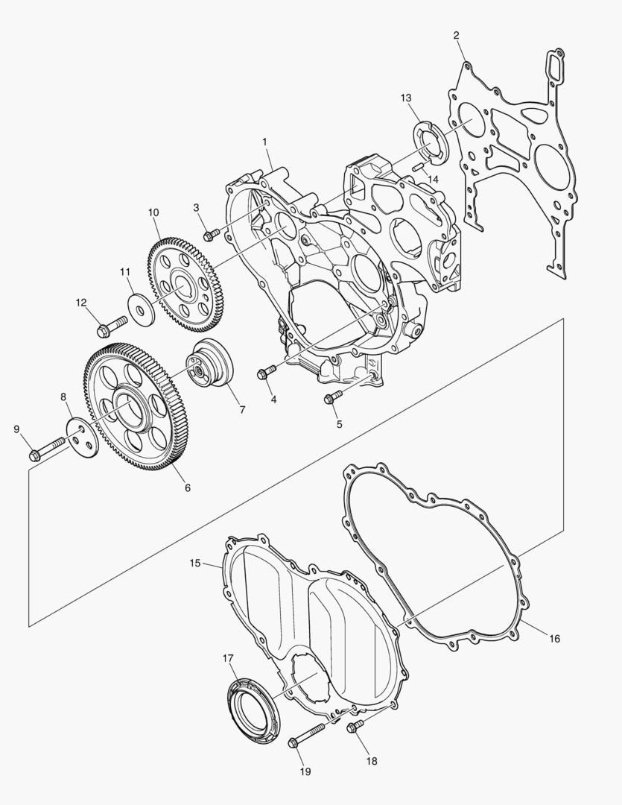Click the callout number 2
click(x=456, y=36)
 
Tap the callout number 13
click(x=406, y=98)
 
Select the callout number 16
click(x=554, y=639)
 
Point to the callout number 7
click(x=242, y=410)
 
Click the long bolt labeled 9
click(x=48, y=448)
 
